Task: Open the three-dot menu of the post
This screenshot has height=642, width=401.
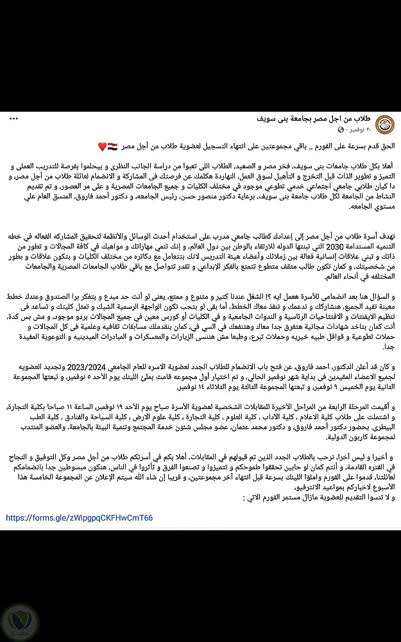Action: [13, 119]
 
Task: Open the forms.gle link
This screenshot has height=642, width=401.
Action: [80, 517]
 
